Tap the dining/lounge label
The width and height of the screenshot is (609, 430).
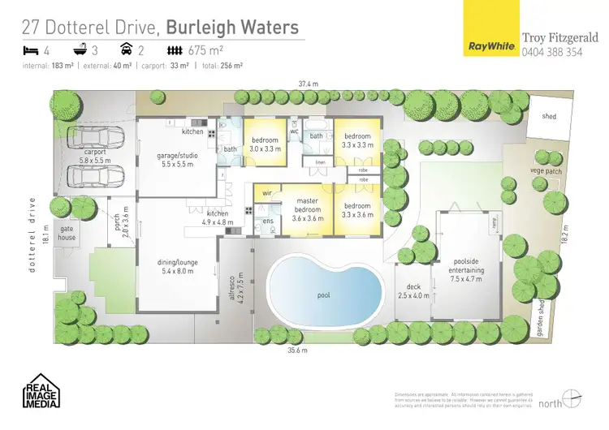[x=177, y=267]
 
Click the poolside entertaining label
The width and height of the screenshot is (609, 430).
[x=465, y=273]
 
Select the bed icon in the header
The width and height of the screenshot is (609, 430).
[x=32, y=51]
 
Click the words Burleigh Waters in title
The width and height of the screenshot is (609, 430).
[x=228, y=27]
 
